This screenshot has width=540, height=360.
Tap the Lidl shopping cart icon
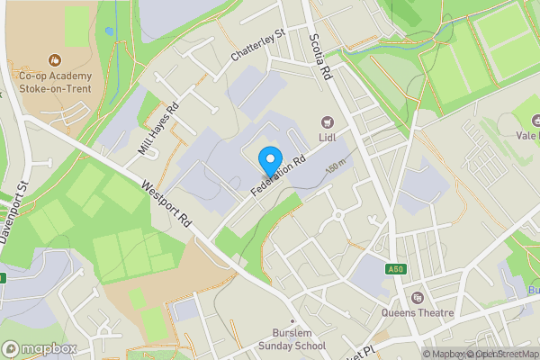(327, 121)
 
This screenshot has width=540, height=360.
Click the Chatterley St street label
(256, 44)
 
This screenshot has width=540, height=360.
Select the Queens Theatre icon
(417, 298)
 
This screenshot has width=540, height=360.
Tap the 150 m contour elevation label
(336, 168)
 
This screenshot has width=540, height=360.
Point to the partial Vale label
(527, 136)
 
